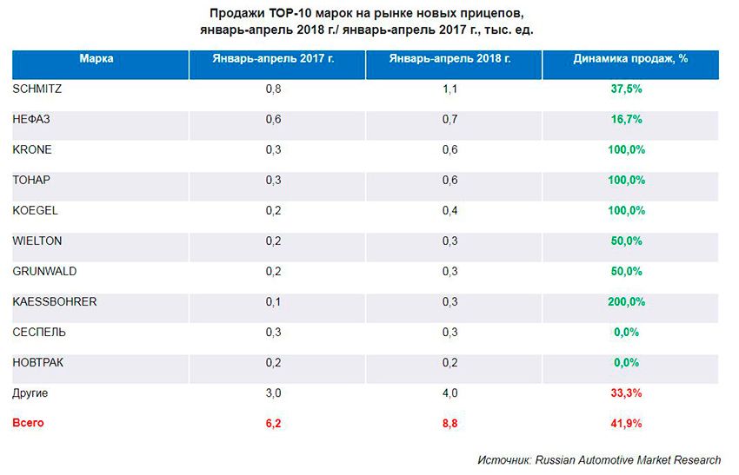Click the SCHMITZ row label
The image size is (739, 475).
click(x=37, y=89)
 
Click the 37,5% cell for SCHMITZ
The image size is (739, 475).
click(x=626, y=89)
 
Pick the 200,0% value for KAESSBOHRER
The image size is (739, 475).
click(x=626, y=302)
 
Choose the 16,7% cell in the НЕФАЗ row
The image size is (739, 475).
click(x=626, y=119)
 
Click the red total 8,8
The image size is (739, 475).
click(x=450, y=424)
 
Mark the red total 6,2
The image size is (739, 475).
click(x=274, y=424)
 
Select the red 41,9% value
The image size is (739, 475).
click(x=626, y=424)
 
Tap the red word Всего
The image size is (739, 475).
click(x=28, y=423)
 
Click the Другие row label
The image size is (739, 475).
click(x=30, y=393)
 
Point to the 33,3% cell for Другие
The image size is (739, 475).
click(x=626, y=393)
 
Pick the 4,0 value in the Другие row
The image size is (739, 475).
click(x=450, y=393)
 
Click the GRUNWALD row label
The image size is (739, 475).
click(x=44, y=271)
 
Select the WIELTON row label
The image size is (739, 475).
click(x=37, y=241)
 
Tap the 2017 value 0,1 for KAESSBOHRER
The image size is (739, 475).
click(x=274, y=302)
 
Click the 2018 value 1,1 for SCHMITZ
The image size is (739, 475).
click(x=450, y=89)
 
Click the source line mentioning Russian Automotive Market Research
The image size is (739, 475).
click(x=598, y=459)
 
